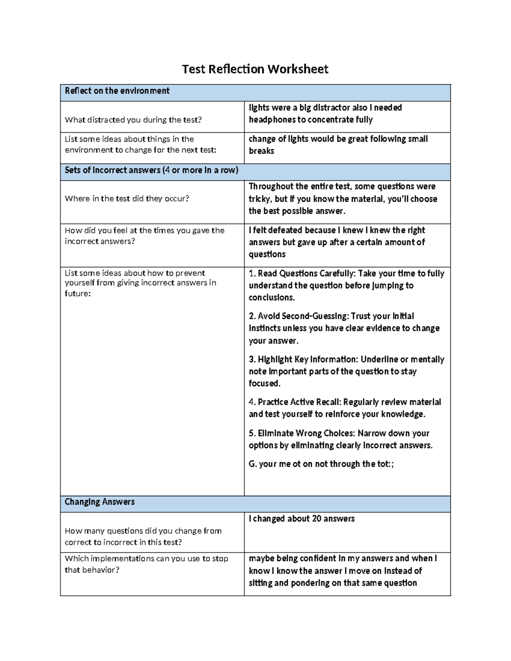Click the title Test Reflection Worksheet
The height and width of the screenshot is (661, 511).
[x=255, y=69]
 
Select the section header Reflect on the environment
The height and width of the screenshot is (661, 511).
[x=117, y=91]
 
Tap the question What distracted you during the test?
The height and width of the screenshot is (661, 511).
[x=133, y=120]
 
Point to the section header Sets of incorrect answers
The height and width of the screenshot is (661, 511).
[x=151, y=170]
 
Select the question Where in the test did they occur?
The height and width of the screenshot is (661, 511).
[x=126, y=199]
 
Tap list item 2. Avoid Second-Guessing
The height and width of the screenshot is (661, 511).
[x=298, y=316]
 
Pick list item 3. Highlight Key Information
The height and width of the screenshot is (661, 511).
[x=303, y=360]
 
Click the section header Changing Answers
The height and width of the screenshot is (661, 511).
[x=100, y=502]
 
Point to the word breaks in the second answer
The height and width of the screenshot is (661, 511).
[x=261, y=151]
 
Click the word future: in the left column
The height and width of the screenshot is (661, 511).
[x=78, y=294]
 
